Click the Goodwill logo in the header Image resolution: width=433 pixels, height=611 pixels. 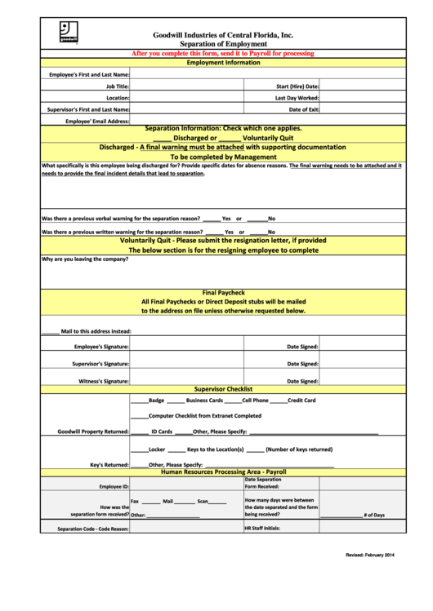point(69,33)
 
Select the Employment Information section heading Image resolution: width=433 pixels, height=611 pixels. point(223,63)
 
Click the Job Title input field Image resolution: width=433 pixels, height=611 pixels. point(196,86)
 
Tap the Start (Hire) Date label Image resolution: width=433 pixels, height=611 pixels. point(297,86)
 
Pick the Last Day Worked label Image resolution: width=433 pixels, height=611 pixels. point(297,97)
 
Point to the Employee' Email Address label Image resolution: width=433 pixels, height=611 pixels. point(97,121)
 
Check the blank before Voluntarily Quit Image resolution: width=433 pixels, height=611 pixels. point(230,138)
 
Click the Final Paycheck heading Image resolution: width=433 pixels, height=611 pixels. point(223,292)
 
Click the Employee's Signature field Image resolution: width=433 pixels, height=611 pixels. point(196,347)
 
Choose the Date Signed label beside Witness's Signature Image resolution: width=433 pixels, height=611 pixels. point(302,381)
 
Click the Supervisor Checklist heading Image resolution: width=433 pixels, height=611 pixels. point(223,390)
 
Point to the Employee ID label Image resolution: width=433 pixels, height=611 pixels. point(114,486)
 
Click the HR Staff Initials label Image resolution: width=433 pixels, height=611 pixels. point(262,529)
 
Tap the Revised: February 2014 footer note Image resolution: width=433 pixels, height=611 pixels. point(370,556)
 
